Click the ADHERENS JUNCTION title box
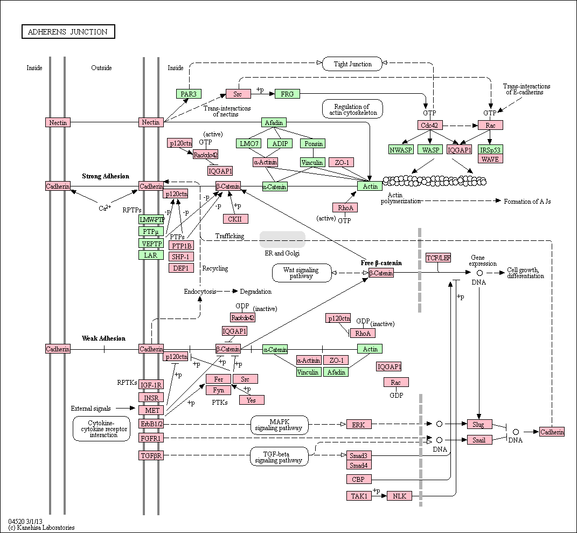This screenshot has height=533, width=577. coord(68,32)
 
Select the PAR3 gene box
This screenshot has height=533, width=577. coord(189,94)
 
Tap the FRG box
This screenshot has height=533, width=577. coord(287,94)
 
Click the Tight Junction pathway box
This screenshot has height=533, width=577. coord(352,64)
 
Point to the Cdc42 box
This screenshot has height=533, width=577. coord(430,125)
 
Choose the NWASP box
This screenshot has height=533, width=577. coord(401,150)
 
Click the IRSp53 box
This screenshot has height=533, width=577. coord(490,150)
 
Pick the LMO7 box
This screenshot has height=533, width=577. coord(249,143)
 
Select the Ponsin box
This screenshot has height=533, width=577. coord(314,143)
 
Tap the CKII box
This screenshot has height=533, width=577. coord(235,219)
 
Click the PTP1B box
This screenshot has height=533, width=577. coord(182,246)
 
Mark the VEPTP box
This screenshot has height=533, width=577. coord(151,243)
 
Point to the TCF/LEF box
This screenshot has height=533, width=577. coord(438,258)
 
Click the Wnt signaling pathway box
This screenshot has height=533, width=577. coord(302,273)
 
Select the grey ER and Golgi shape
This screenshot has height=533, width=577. coord(282,240)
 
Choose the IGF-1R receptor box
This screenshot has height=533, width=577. coord(151,385)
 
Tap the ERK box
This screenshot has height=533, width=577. coord(359,425)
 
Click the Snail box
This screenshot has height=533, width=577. coord(479,440)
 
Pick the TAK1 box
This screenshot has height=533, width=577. coord(359,496)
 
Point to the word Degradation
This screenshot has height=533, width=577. coord(256,292)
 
